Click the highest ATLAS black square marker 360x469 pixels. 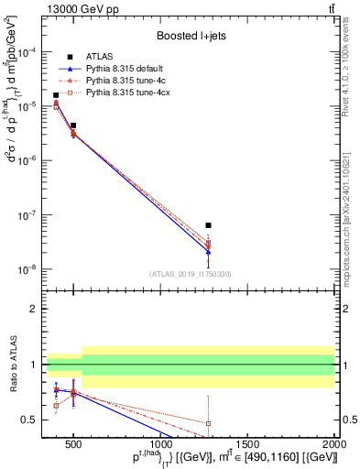pos(56,95)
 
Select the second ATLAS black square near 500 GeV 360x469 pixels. pos(73,125)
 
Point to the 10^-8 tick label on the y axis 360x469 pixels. pos(28,270)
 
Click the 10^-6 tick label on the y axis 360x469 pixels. pos(28,161)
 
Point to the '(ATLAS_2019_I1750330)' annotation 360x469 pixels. pos(190,273)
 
